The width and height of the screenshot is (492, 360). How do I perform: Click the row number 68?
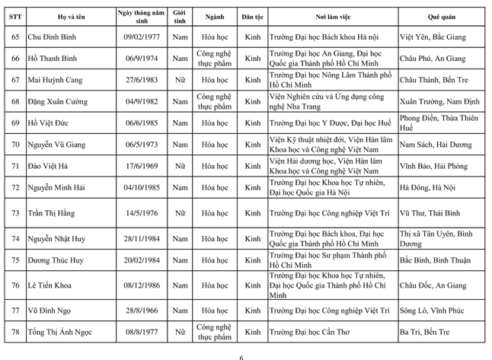(x=14, y=100)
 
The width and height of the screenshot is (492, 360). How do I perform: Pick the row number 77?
(x=14, y=311)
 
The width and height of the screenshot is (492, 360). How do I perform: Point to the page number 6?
(x=241, y=355)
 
